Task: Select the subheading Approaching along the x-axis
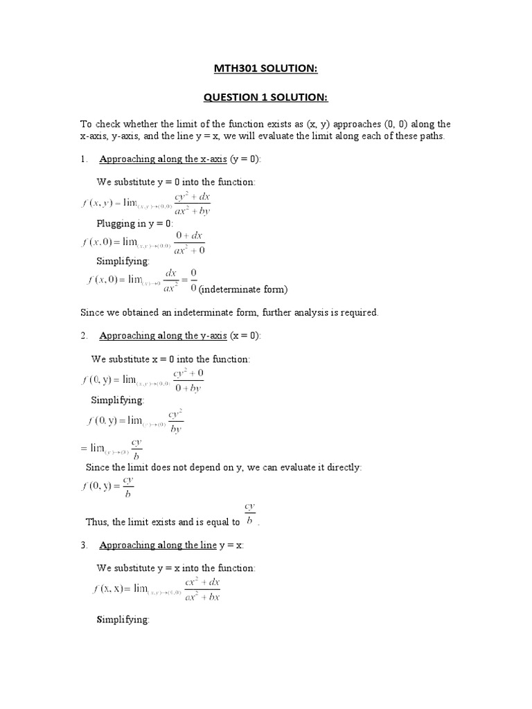163,159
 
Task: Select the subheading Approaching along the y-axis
163,336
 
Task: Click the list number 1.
83,159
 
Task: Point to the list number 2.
83,336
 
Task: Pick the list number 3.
83,546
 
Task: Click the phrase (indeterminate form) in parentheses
242,289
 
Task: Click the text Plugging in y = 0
135,224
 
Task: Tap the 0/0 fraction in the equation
193,280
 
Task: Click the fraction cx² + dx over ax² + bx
202,590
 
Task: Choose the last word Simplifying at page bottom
123,620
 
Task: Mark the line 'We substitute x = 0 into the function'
170,359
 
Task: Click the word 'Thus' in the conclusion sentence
97,522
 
